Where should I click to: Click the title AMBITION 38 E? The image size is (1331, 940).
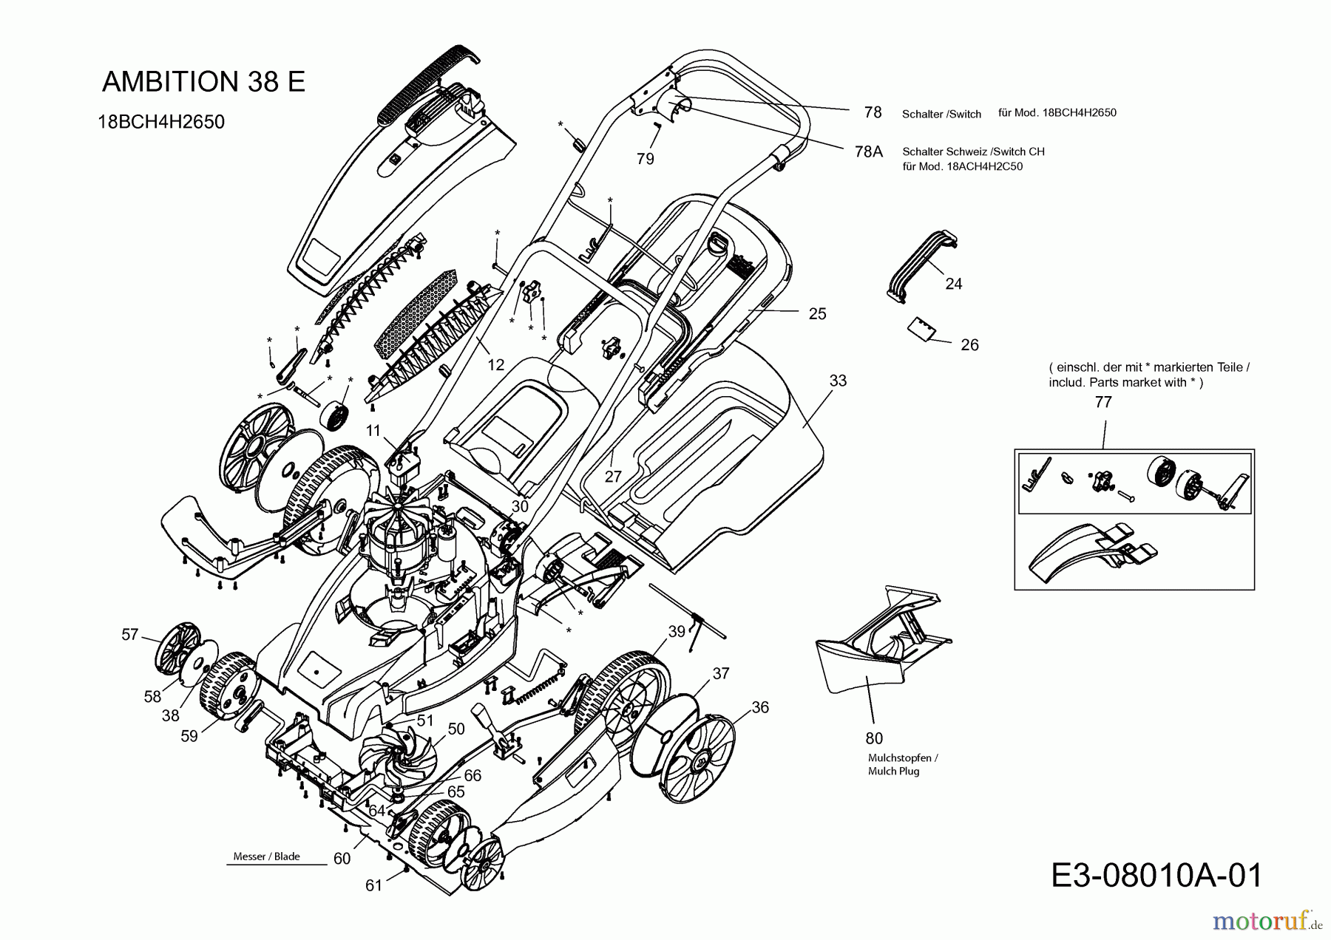click(x=203, y=81)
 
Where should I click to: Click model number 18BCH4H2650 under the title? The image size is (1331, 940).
click(x=161, y=122)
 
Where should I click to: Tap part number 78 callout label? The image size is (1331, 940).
click(x=873, y=112)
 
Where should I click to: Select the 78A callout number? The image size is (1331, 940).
click(x=868, y=151)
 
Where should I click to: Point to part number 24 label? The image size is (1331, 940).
click(x=954, y=284)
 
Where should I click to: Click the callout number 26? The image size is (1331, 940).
click(x=969, y=345)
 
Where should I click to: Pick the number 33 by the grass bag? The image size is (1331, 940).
click(x=838, y=381)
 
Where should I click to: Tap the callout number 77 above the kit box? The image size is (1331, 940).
click(x=1103, y=402)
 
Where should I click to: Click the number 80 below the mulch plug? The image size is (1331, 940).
click(x=874, y=738)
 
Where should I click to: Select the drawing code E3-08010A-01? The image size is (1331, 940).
click(x=1156, y=876)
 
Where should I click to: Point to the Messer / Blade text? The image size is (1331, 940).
click(x=266, y=856)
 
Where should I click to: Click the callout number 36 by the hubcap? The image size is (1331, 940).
click(x=760, y=707)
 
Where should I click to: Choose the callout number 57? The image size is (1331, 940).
click(x=130, y=635)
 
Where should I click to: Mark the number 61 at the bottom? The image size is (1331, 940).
click(x=374, y=885)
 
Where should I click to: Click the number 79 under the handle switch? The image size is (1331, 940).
click(x=645, y=159)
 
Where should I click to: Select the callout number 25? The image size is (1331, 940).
click(x=817, y=313)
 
